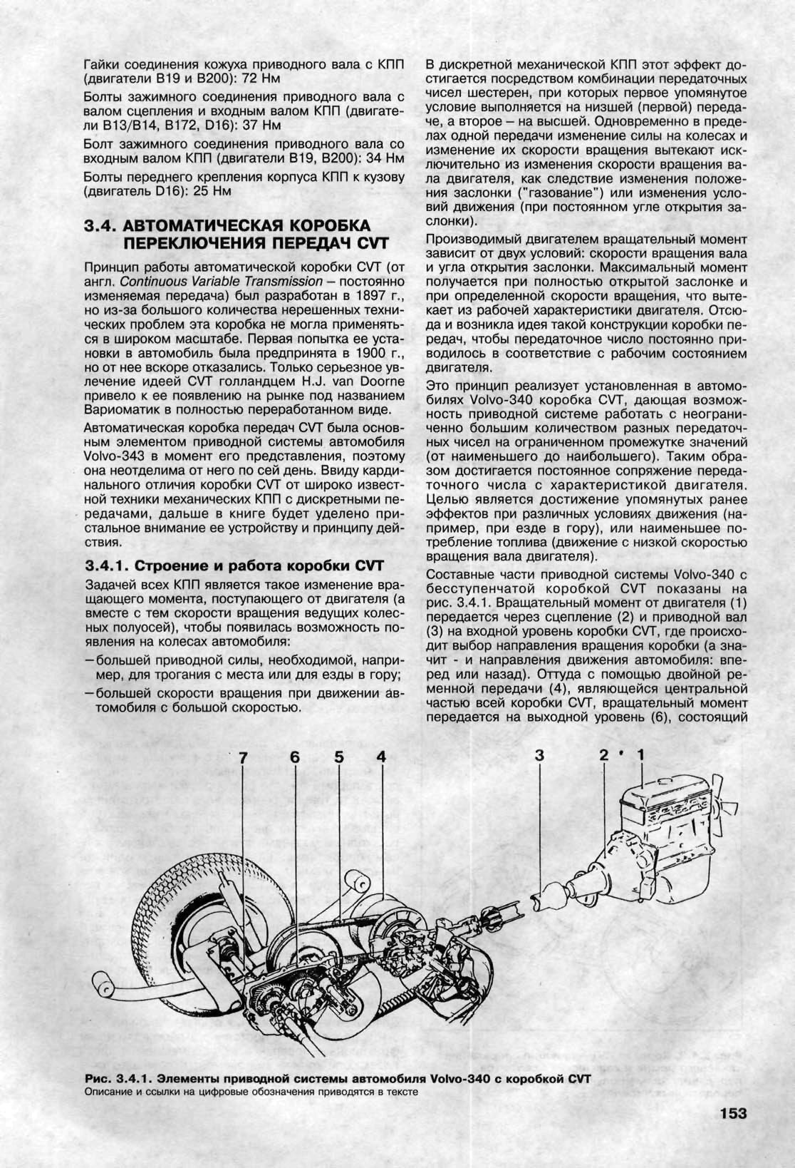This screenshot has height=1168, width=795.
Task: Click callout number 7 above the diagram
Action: [x=244, y=759]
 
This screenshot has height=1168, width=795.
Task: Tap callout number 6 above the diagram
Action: [x=294, y=757]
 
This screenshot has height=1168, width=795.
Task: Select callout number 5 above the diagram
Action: [x=338, y=757]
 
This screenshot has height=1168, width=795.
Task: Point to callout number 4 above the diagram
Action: [x=381, y=757]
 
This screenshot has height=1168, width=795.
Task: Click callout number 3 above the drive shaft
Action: [x=539, y=756]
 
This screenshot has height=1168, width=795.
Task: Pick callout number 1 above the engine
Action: [x=640, y=754]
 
